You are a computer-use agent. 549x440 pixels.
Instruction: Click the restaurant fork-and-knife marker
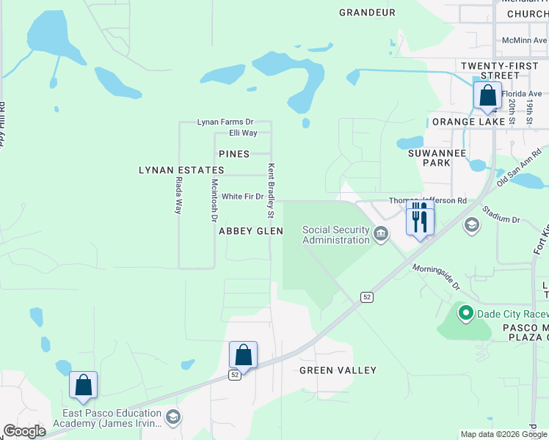click(x=420, y=219)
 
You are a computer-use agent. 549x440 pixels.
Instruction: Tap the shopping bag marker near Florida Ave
click(x=487, y=96)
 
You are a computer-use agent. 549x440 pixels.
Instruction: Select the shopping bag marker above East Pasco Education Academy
click(x=84, y=385)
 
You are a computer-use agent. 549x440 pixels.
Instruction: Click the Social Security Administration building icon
click(x=381, y=235)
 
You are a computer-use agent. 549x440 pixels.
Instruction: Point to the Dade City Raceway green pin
click(x=465, y=314)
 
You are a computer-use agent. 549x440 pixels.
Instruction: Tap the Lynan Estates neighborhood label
click(x=181, y=170)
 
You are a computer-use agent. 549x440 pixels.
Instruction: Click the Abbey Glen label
click(x=251, y=231)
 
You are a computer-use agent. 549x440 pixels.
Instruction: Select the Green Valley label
click(x=338, y=371)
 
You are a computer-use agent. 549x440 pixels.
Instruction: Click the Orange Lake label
click(x=468, y=122)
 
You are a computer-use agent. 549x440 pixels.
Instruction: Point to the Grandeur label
click(x=367, y=12)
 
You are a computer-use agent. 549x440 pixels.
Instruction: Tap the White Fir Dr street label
click(x=242, y=197)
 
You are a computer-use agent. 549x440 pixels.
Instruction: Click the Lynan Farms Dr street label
click(x=225, y=122)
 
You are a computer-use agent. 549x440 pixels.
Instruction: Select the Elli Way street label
click(x=243, y=133)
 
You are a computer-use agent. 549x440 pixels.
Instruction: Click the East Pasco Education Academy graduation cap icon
click(x=172, y=418)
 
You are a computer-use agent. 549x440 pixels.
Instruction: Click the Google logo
click(x=25, y=431)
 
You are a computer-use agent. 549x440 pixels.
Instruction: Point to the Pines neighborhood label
click(x=234, y=154)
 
